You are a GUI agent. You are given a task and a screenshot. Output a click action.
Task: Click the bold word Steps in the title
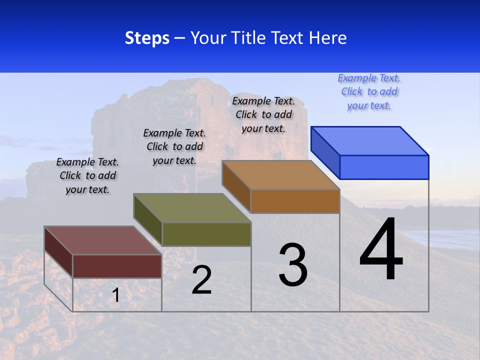click(147, 38)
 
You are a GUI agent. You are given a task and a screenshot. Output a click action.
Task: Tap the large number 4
click(381, 250)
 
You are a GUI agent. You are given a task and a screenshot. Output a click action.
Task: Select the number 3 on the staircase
click(293, 265)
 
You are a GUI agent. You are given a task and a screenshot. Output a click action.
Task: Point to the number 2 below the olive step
click(202, 280)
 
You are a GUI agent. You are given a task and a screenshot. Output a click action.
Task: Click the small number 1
click(115, 295)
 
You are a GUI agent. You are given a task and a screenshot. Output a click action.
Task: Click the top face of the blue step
click(370, 140)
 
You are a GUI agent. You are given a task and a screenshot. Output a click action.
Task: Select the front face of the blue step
click(384, 167)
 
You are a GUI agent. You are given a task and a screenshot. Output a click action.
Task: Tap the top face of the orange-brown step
click(280, 174)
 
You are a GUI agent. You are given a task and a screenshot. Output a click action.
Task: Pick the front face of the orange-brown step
click(295, 201)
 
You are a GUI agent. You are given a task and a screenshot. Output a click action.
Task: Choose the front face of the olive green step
click(206, 234)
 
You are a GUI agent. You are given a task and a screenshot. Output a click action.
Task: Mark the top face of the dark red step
click(102, 240)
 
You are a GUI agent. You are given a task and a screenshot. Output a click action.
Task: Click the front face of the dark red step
click(117, 266)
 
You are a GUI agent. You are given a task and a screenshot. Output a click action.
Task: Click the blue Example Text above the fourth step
click(369, 92)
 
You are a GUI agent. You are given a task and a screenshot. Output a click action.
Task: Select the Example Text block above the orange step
click(263, 114)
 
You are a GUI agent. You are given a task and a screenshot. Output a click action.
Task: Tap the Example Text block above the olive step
click(174, 146)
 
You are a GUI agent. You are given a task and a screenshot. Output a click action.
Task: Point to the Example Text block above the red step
click(87, 175)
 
